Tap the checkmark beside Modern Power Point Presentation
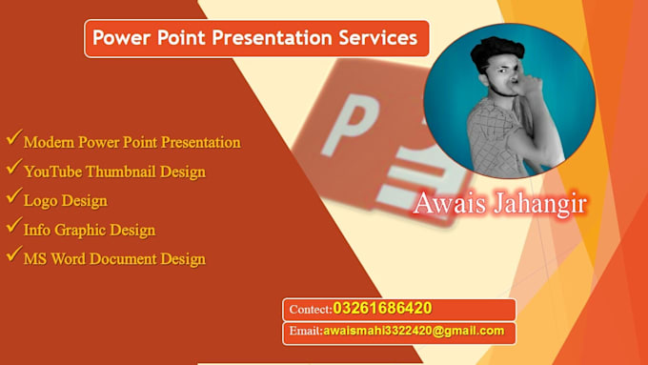13,139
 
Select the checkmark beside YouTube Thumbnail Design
13,169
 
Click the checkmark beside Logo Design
13,197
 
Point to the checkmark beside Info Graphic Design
13,226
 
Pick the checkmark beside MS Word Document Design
13,255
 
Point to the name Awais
445,204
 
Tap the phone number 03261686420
382,309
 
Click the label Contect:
308,310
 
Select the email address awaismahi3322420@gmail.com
414,332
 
